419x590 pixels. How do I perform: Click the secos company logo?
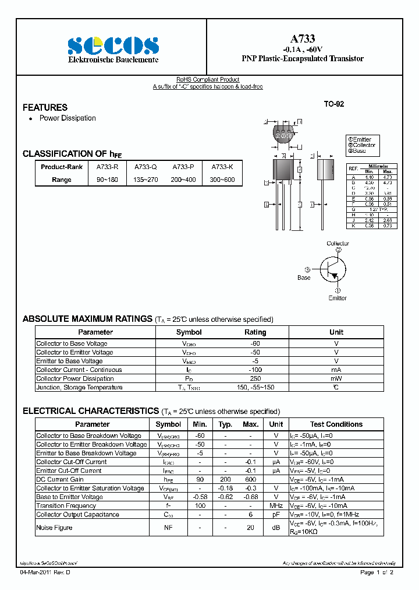(x=113, y=45)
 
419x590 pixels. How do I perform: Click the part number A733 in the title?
(x=303, y=38)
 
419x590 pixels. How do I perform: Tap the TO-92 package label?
(x=334, y=104)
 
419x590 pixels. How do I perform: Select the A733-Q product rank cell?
(x=145, y=166)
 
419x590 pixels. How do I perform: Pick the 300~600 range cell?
(x=223, y=180)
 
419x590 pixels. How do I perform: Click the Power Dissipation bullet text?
(x=68, y=118)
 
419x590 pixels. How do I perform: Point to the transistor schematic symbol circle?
(x=336, y=269)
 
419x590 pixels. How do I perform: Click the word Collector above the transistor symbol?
(x=338, y=243)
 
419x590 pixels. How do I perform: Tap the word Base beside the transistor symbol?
(x=304, y=278)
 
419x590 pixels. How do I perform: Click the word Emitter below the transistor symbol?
(x=337, y=298)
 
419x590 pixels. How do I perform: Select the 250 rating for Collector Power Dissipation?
(x=255, y=379)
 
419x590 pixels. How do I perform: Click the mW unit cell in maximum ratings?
(x=336, y=379)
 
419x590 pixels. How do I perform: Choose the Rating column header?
(x=255, y=332)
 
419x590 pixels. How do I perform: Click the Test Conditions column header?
(x=336, y=424)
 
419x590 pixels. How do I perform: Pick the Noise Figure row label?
(x=54, y=528)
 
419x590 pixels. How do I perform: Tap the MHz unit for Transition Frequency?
(x=276, y=506)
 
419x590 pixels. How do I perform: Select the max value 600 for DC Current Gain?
(x=250, y=480)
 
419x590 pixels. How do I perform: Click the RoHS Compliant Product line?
(x=208, y=80)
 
